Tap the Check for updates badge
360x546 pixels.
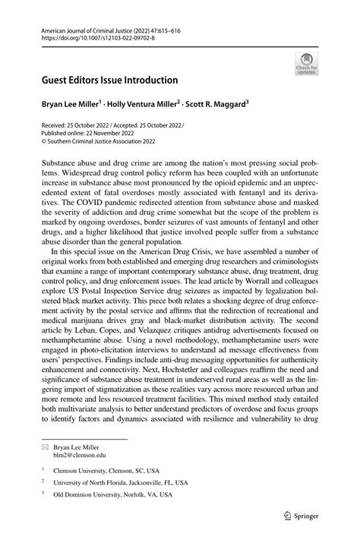[306, 64]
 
